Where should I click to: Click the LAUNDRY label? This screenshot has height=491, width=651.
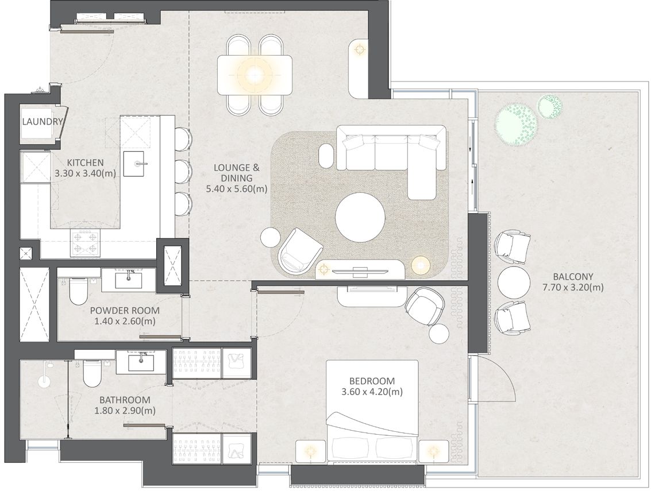click(43, 122)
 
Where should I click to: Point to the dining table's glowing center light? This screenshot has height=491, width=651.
click(253, 75)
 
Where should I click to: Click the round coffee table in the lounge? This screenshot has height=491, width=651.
click(360, 216)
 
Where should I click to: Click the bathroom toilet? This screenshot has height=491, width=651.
click(92, 373)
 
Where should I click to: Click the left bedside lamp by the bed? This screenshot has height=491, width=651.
click(310, 451)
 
